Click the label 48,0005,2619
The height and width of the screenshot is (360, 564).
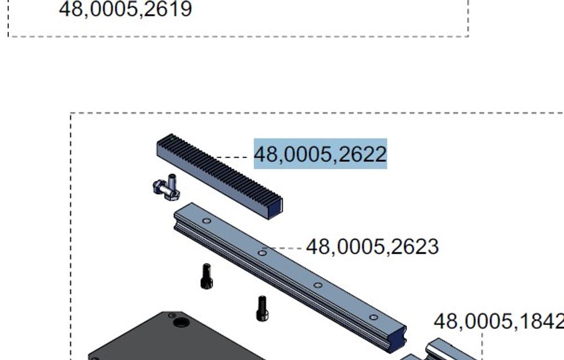point(125,8)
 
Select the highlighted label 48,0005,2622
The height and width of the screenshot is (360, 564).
point(320,153)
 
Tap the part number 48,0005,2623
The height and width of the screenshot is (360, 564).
point(372,247)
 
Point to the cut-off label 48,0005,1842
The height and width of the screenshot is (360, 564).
point(499,321)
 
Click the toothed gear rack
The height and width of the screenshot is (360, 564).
point(219,176)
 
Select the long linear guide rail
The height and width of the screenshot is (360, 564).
point(290,277)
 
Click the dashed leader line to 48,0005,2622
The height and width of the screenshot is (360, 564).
point(232,157)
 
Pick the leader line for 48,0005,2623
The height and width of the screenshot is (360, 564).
point(284,248)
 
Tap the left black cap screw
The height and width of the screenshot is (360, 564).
point(206,276)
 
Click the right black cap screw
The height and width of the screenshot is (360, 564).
point(262,308)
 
